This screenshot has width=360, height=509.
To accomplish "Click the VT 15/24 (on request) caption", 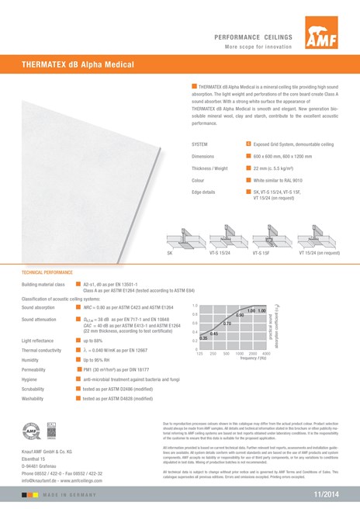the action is (319, 253).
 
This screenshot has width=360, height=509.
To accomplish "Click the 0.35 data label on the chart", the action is (203, 338).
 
